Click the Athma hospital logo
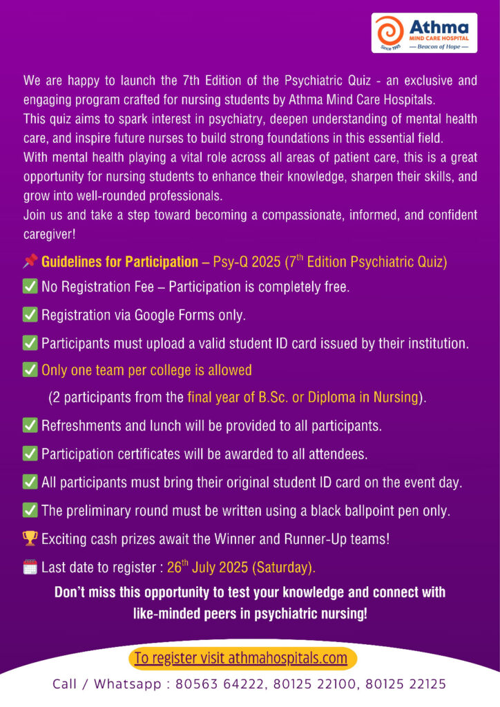click(424, 33)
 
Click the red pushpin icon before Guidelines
click(30, 262)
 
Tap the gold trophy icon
click(30, 539)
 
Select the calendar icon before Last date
click(30, 568)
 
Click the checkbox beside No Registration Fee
click(30, 286)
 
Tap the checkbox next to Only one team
click(30, 370)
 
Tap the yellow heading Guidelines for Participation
click(119, 262)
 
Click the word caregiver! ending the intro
click(49, 234)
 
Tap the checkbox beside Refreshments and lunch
click(30, 426)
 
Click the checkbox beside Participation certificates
click(30, 454)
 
